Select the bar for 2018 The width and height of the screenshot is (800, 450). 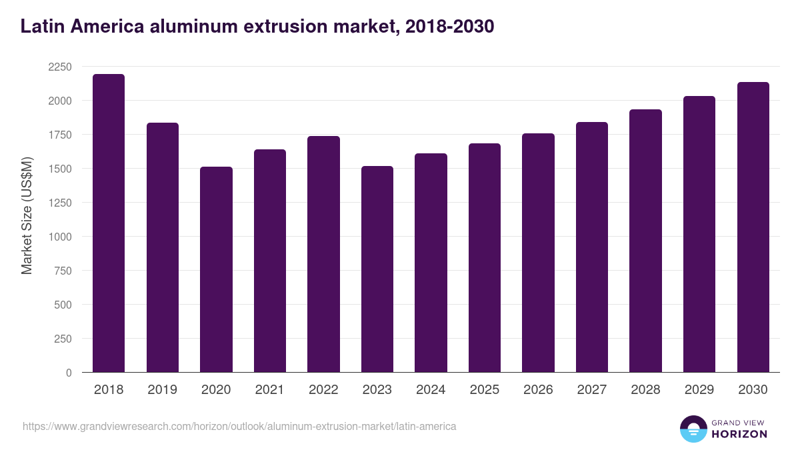pyautogui.click(x=109, y=223)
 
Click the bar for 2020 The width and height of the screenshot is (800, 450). pyautogui.click(x=216, y=269)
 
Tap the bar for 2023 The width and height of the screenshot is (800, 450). pyautogui.click(x=377, y=269)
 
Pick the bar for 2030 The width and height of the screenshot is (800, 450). pyautogui.click(x=753, y=227)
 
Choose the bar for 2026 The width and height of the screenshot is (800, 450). pyautogui.click(x=538, y=253)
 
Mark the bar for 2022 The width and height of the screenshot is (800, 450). pyautogui.click(x=323, y=254)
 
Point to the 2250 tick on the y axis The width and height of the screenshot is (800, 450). pyautogui.click(x=60, y=67)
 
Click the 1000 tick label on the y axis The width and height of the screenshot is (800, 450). pyautogui.click(x=60, y=237)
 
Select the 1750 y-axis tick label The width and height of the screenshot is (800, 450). pyautogui.click(x=60, y=135)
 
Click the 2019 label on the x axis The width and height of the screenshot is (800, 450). pyautogui.click(x=162, y=390)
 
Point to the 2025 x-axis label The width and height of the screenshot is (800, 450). pyautogui.click(x=484, y=390)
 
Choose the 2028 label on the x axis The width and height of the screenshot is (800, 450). pyautogui.click(x=645, y=390)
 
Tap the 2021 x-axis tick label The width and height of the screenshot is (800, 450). pyautogui.click(x=269, y=390)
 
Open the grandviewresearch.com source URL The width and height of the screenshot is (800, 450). pyautogui.click(x=239, y=426)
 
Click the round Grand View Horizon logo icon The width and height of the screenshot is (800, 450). pyautogui.click(x=693, y=429)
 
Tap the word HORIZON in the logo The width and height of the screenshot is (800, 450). pyautogui.click(x=739, y=434)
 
